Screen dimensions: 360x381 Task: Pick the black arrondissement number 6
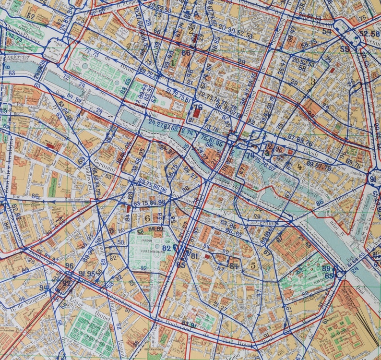point(147,218)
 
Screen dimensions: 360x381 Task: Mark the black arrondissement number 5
point(253,264)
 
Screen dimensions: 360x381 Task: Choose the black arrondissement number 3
point(313,82)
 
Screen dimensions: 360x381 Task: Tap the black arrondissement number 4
point(299,167)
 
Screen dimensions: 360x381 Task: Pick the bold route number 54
point(327,32)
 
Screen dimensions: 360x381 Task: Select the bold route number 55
point(345,49)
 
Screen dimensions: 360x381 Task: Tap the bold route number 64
point(234,266)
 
